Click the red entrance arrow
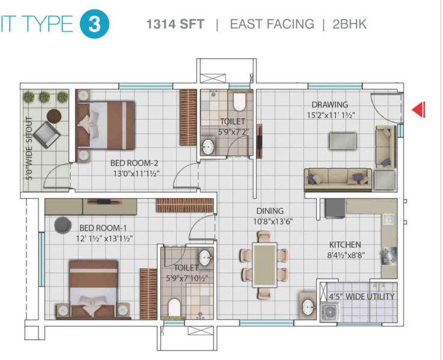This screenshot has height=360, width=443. point(419,109)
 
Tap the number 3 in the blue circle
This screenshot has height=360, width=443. point(94,24)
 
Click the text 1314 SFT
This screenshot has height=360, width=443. point(175,24)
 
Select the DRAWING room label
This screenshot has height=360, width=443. point(330,105)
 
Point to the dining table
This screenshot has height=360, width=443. point(264,265)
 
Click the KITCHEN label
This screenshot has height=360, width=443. point(345,245)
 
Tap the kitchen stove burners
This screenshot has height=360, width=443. point(389,256)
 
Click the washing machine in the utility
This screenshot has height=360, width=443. point(330,313)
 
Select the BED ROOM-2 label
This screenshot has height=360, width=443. point(134,163)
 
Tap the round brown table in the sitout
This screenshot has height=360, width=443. point(54,116)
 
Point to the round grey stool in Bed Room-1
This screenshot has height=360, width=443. point(63,225)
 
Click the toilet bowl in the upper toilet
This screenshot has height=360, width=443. point(239,102)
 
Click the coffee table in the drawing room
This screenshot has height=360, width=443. point(343,141)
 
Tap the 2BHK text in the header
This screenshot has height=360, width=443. point(349,24)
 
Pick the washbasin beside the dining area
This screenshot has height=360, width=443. point(308,307)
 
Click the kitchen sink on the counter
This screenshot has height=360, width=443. point(388,219)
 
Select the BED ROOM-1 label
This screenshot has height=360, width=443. point(103,228)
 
